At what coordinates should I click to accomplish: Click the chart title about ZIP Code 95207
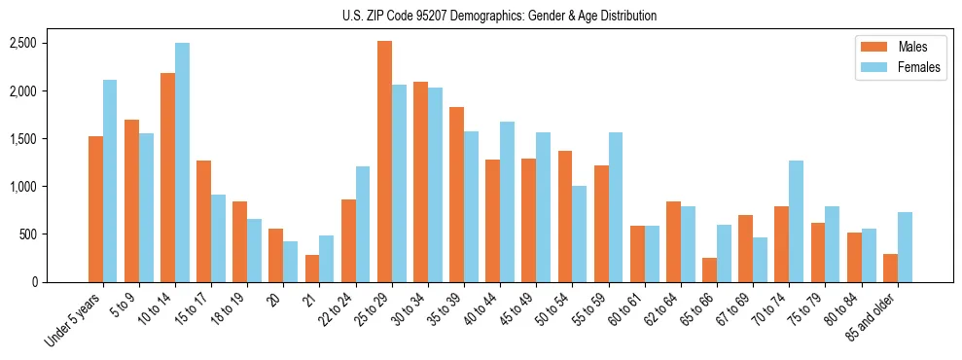click(x=499, y=16)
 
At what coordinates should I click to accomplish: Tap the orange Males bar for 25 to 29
click(x=384, y=162)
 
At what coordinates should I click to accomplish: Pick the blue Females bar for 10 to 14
click(x=182, y=162)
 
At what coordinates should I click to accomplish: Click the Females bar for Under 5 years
click(x=110, y=181)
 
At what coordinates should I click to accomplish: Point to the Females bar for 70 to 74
click(x=796, y=221)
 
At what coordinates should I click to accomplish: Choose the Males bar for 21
click(x=312, y=269)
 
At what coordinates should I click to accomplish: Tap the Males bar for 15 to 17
click(x=203, y=221)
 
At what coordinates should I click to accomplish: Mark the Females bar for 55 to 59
click(x=616, y=207)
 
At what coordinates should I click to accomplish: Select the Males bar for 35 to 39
click(x=456, y=195)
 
